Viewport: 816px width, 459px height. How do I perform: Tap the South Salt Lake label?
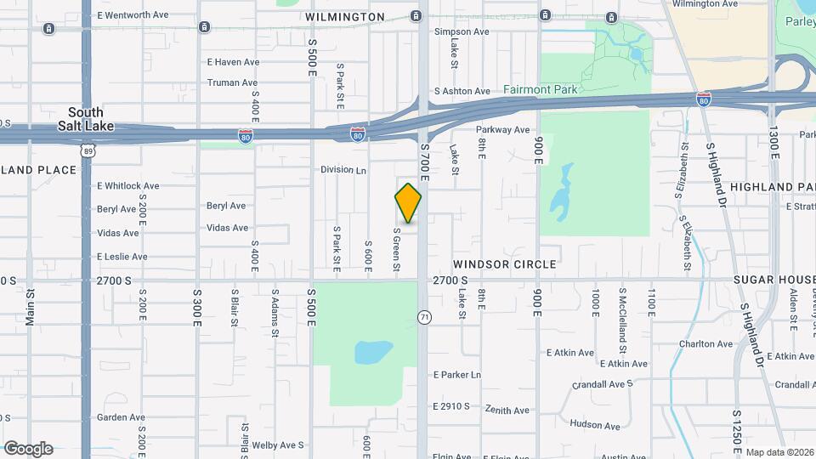click(86, 118)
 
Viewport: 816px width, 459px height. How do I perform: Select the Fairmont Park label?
click(540, 89)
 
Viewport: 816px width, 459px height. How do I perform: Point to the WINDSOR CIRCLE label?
click(505, 264)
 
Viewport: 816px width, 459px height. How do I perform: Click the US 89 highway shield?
click(88, 150)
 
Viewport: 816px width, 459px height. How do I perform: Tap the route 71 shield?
click(423, 317)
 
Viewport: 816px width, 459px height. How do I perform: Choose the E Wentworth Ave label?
click(134, 15)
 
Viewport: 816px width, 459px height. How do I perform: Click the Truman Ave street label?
click(232, 83)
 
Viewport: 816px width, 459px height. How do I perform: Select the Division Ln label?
click(343, 170)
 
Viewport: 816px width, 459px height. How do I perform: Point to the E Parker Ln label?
click(456, 375)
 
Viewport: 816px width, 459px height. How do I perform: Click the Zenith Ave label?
click(507, 410)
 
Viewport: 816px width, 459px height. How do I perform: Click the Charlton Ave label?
click(705, 344)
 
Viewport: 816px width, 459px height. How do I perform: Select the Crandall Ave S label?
click(603, 384)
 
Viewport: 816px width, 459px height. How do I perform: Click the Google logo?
click(28, 449)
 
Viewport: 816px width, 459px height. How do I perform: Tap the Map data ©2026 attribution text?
click(779, 452)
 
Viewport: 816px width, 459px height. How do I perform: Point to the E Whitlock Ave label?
click(127, 186)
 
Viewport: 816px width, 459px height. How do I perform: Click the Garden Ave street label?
click(121, 417)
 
